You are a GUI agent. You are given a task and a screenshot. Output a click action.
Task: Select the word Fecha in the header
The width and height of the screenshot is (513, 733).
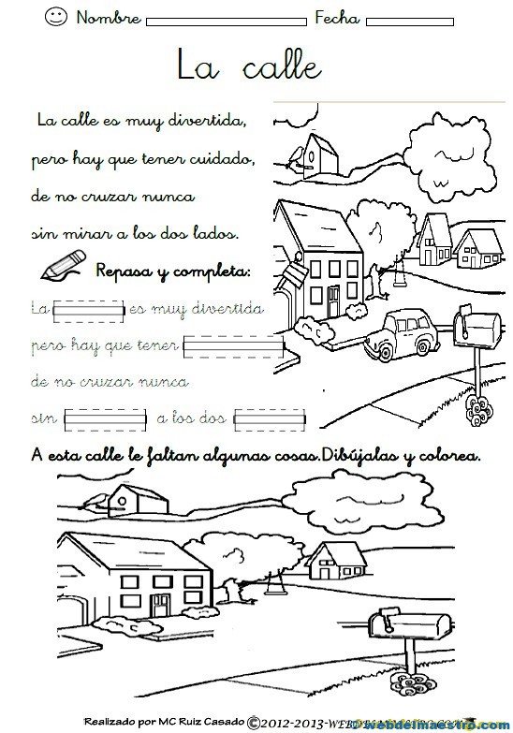pyautogui.click(x=337, y=17)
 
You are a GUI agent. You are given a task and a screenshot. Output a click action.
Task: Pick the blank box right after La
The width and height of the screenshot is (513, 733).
pyautogui.click(x=88, y=308)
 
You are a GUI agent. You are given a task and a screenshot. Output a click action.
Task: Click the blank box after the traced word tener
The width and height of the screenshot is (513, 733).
pyautogui.click(x=233, y=347)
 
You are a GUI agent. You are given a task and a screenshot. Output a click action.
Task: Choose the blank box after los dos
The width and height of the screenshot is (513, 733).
pyautogui.click(x=271, y=417)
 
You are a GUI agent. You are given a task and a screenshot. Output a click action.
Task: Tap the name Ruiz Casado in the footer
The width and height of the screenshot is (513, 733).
pyautogui.click(x=208, y=722)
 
